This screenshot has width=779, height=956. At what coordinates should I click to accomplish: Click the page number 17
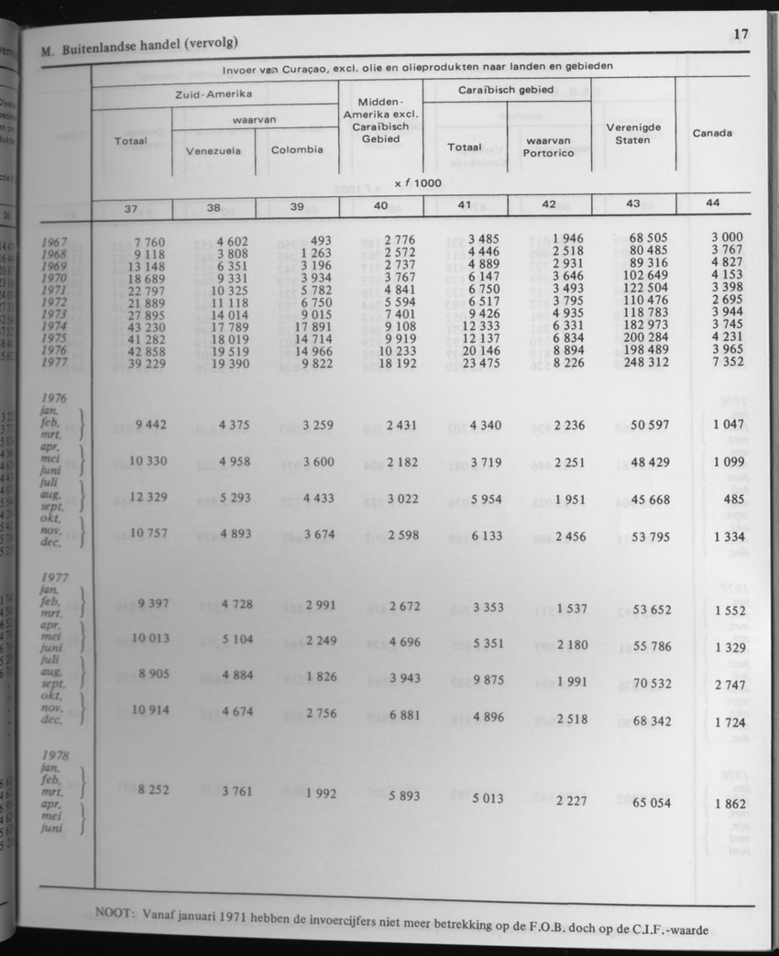(741, 34)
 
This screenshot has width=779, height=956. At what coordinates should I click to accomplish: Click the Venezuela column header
(214, 151)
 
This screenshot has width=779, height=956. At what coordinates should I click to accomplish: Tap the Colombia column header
(297, 149)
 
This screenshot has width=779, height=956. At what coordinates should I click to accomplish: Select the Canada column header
(712, 133)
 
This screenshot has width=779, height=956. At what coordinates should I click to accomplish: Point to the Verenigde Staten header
(633, 133)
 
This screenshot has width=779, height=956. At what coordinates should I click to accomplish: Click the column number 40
(380, 207)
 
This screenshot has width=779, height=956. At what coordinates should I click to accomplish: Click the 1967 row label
(55, 242)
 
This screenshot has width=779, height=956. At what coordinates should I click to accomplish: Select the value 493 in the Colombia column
(314, 240)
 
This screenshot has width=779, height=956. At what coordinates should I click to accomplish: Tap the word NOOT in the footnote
(115, 912)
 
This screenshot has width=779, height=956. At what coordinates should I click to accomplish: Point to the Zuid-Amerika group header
(214, 93)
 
